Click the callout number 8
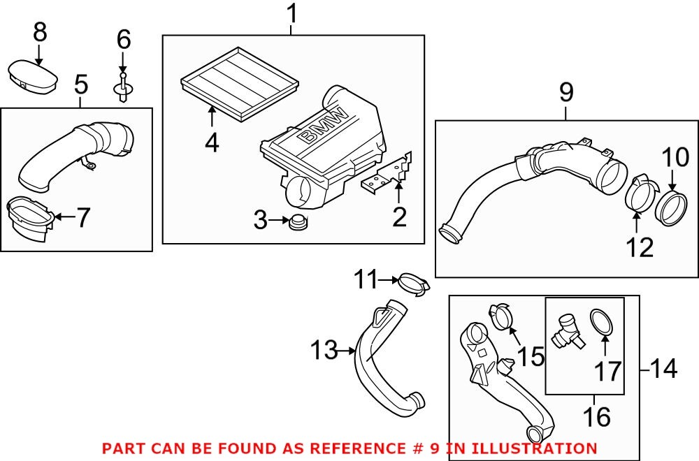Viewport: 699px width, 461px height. (40, 31)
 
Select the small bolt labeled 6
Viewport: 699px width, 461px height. (123, 87)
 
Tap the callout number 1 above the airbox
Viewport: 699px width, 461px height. (292, 13)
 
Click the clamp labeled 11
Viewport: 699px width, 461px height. (412, 283)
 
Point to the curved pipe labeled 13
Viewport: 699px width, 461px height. (381, 356)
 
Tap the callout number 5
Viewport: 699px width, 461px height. (81, 85)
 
